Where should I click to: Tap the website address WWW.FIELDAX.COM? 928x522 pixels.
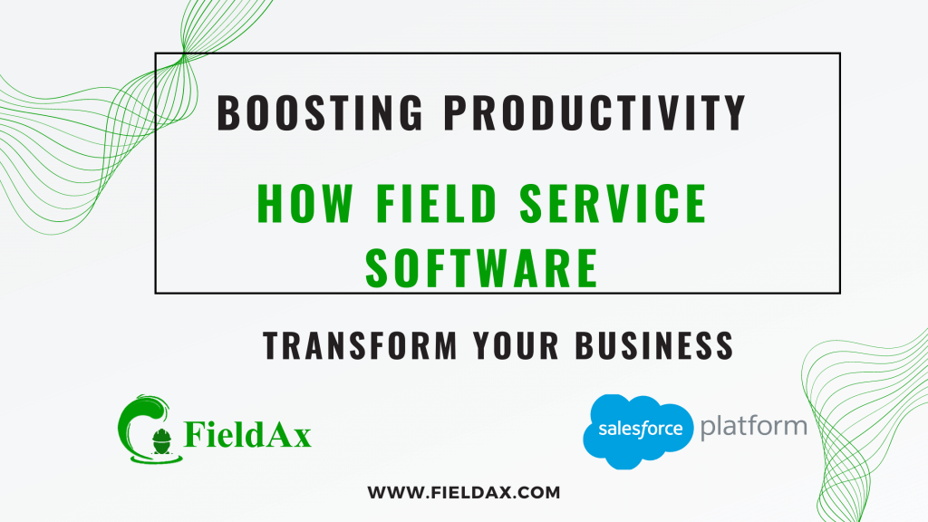click(464, 493)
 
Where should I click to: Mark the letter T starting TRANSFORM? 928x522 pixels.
click(271, 346)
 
